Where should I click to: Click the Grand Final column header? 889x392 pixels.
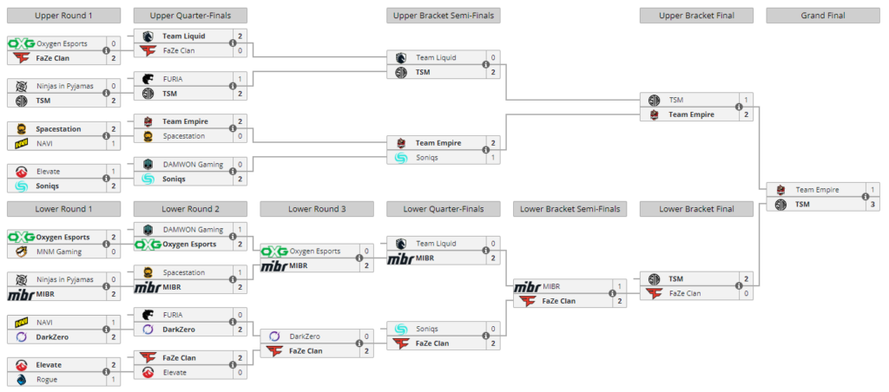(823, 16)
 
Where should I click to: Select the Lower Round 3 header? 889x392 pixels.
(316, 209)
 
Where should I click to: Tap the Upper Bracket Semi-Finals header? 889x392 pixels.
(444, 16)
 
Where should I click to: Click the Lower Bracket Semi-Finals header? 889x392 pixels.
(570, 209)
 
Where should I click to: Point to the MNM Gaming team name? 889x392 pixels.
(58, 252)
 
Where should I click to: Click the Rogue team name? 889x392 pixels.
(47, 380)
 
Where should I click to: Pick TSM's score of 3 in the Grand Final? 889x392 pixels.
(872, 205)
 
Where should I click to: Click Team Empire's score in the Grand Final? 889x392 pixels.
(872, 190)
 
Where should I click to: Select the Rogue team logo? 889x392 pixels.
(21, 380)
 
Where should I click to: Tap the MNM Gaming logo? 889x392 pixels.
(21, 252)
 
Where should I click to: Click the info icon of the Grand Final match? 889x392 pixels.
(865, 197)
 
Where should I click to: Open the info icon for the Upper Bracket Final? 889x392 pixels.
(738, 107)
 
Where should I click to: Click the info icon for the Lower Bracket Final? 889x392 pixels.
(738, 286)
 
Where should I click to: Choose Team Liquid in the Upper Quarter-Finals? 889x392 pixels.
(184, 36)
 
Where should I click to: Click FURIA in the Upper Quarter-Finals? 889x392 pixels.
(173, 79)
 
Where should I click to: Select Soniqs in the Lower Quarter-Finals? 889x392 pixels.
(427, 329)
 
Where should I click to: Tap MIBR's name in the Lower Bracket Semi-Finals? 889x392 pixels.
(551, 287)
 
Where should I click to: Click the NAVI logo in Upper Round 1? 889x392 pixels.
(22, 144)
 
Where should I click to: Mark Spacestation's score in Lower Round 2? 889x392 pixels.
(240, 272)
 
